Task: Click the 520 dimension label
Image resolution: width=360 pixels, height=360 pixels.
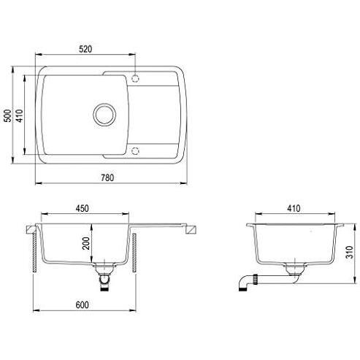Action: [85, 49]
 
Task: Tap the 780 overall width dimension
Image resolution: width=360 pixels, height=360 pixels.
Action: [107, 177]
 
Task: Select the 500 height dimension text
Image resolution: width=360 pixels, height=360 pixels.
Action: [8, 115]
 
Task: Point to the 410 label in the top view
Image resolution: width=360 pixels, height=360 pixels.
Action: [19, 115]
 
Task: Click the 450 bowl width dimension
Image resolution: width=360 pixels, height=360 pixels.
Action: [83, 209]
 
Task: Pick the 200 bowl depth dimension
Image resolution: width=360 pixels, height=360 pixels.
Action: [86, 243]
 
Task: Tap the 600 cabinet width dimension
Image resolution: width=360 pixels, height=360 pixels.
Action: [82, 305]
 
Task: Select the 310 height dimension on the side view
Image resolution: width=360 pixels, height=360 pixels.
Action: [349, 253]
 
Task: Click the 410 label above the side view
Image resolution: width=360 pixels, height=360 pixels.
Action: [294, 209]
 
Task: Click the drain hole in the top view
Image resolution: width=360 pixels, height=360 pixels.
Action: [104, 115]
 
